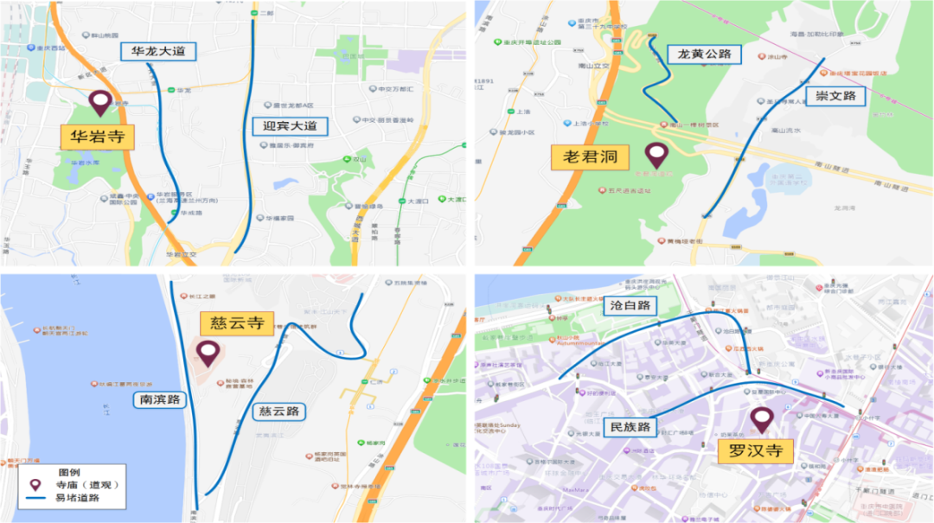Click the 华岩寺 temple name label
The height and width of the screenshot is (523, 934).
(x=96, y=137)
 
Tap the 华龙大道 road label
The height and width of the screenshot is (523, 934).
(x=158, y=51)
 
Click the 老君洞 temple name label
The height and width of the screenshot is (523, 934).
(x=589, y=156)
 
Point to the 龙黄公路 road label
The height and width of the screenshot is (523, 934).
(x=705, y=54)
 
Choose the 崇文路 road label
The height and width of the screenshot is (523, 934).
(x=836, y=96)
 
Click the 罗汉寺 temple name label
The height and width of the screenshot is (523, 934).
(x=755, y=450)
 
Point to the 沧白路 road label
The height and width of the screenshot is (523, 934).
(x=630, y=305)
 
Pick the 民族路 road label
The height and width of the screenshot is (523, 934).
(x=630, y=426)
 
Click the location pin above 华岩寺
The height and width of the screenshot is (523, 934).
(x=100, y=103)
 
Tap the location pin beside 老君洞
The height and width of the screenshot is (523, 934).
(x=657, y=156)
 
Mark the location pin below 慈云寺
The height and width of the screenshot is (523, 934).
(x=208, y=352)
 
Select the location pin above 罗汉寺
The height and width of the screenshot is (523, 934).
(x=762, y=419)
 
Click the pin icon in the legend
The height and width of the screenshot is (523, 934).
(x=35, y=485)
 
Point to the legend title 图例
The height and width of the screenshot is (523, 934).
(x=70, y=473)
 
